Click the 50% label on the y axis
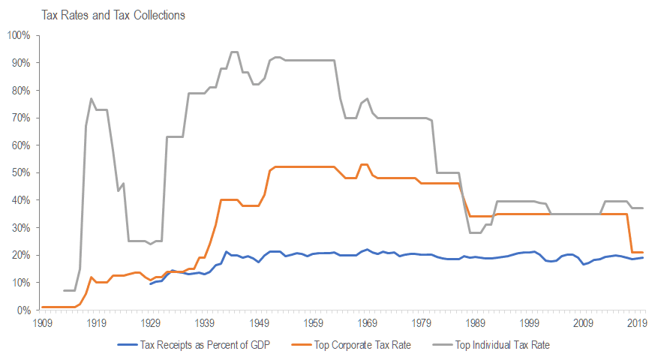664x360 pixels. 20,172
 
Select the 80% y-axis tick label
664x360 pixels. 20,90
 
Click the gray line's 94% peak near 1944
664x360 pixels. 234,52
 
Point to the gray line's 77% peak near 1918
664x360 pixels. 91,98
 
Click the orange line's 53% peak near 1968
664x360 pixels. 364,164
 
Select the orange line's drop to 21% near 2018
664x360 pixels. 632,252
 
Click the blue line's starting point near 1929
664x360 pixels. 151,283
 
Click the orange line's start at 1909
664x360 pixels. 42,307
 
